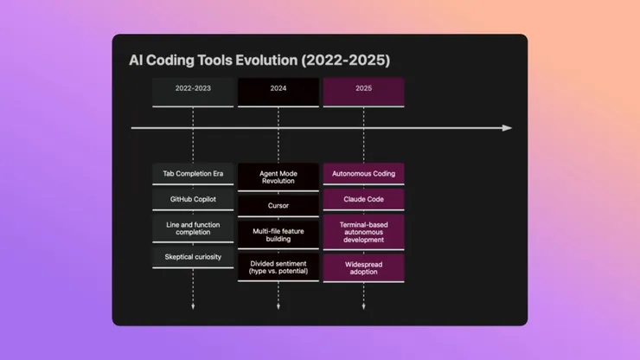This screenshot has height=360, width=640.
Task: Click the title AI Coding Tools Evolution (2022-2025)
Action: point(259,61)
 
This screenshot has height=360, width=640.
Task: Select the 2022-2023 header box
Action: point(193,89)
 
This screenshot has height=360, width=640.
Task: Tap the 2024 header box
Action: point(278,89)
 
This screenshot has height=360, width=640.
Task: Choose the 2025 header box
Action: point(363,89)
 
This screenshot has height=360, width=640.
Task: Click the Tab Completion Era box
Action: point(193,174)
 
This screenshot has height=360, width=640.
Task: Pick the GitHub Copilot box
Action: point(193,200)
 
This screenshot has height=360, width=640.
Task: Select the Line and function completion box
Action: point(193,228)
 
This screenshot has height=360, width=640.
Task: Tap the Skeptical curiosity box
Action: point(193,257)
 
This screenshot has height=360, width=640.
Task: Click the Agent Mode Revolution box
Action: point(278,177)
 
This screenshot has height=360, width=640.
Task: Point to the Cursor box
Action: point(278,206)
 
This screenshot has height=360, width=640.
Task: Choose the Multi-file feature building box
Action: point(278,235)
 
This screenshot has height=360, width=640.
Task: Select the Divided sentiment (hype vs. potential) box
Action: point(278,267)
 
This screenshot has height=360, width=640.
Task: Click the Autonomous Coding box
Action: point(363,174)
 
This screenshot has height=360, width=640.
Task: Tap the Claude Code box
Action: point(363,200)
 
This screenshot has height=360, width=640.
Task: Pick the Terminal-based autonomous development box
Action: point(363,232)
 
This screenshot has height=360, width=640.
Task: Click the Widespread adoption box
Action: point(363,267)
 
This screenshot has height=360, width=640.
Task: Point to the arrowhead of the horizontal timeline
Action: point(508,128)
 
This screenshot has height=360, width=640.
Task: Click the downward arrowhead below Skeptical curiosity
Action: point(193,306)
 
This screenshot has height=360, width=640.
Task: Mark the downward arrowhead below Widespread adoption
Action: point(363,306)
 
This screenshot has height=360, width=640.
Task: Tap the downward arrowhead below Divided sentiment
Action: point(278,306)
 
